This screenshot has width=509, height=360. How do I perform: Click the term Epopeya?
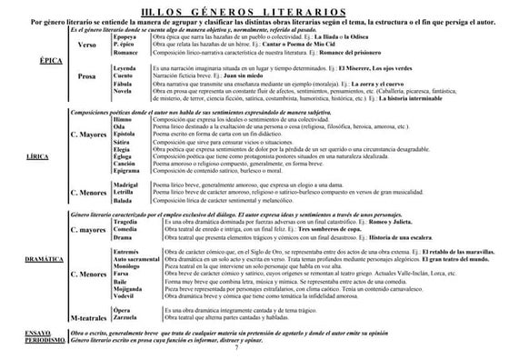coord(125,37)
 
